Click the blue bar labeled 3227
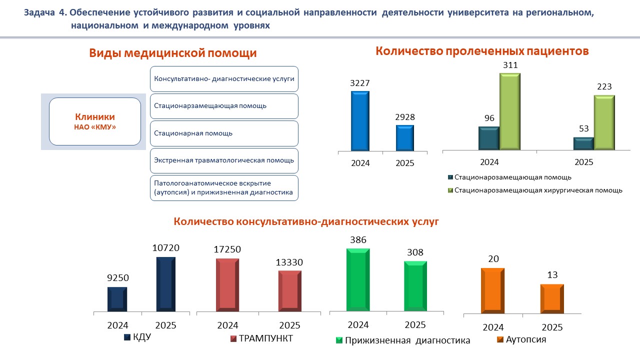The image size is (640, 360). (x=360, y=120)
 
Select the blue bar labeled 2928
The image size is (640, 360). (x=405, y=137)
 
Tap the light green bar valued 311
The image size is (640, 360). (x=510, y=111)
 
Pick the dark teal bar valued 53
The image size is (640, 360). (x=583, y=143)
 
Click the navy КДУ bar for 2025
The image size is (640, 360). (x=166, y=284)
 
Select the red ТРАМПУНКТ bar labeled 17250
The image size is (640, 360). (x=227, y=285)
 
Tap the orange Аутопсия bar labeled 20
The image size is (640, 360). (x=492, y=290)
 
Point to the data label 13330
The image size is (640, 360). (x=289, y=262)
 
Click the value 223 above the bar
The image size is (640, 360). (x=604, y=86)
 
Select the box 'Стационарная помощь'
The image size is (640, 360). (x=224, y=133)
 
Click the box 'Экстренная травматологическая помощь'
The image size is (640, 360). (x=224, y=160)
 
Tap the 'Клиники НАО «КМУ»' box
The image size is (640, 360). (x=95, y=121)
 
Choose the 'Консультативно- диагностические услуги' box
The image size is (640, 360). (x=224, y=79)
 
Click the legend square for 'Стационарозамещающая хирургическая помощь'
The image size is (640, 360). (x=450, y=190)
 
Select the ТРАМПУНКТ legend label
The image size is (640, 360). (x=265, y=338)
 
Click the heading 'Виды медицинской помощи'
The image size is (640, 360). (x=173, y=53)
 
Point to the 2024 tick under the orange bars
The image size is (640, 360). (x=492, y=327)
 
